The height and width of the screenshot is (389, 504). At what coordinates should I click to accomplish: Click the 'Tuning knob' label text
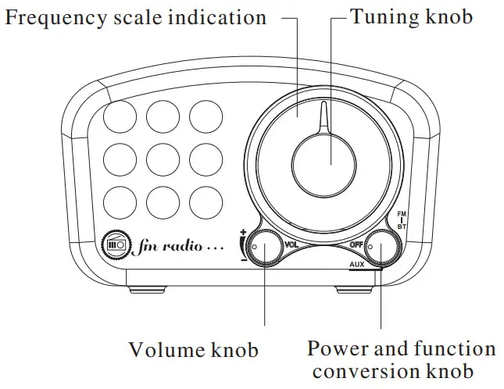(x=411, y=16)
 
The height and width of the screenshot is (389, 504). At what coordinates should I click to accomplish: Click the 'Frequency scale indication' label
(x=136, y=17)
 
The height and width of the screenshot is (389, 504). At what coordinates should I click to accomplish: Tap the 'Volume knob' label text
(x=193, y=349)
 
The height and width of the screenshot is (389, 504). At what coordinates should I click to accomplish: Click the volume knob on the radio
(x=266, y=248)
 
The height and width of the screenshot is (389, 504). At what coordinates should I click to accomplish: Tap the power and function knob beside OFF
(x=382, y=248)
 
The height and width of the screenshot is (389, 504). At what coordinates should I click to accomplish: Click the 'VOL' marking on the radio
(x=291, y=244)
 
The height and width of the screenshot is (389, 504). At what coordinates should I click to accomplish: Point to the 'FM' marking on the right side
(x=402, y=212)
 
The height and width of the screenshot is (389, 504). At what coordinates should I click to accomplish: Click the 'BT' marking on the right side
(x=402, y=226)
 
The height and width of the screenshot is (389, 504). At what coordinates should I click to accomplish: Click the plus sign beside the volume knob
(x=243, y=233)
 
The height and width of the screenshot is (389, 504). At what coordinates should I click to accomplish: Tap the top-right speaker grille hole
(x=206, y=116)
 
